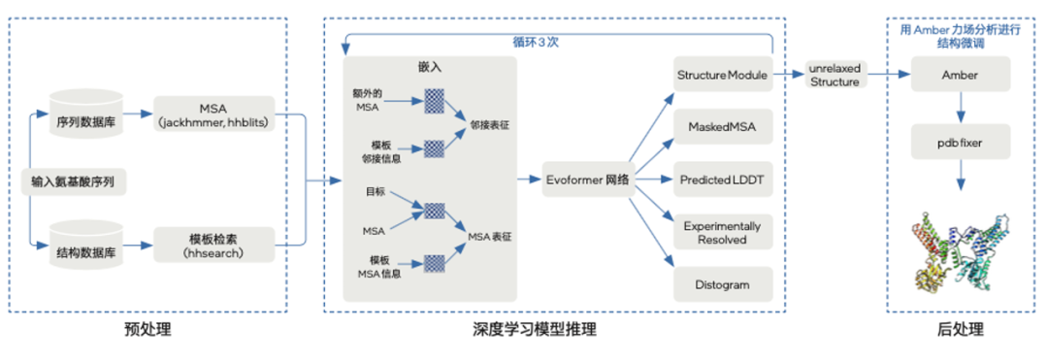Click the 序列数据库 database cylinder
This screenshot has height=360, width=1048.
85,114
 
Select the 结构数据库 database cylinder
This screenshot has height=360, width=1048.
85,248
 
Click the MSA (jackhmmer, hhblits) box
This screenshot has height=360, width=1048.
214,114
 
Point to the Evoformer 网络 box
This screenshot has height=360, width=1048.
587,180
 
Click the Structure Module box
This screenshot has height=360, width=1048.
723,75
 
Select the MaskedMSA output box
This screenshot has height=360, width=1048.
723,127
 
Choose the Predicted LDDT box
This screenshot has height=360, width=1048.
723,180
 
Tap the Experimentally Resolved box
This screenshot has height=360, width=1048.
723,233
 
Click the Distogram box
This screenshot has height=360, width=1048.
723,286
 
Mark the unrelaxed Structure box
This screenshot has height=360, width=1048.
835,76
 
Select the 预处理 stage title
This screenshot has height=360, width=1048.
148,330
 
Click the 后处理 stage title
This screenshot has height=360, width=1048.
960,330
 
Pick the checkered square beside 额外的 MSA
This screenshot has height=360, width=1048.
433,100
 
